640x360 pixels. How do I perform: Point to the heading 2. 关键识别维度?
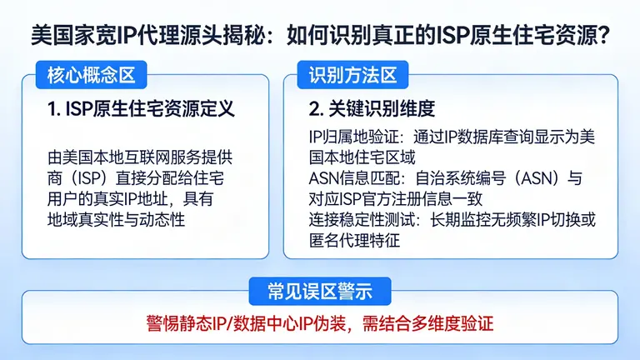click(x=372, y=109)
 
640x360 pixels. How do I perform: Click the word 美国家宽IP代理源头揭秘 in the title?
click(x=147, y=35)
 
